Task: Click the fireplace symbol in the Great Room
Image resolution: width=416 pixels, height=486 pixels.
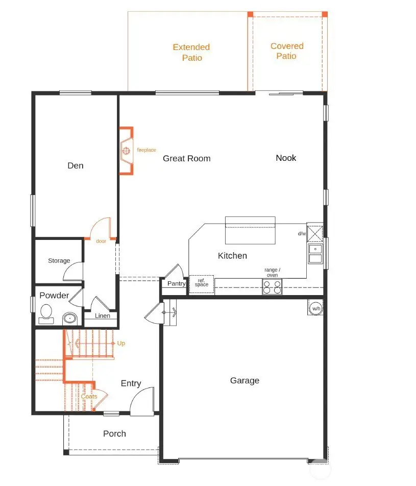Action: (126, 151)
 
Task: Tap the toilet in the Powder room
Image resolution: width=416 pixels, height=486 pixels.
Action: (46, 313)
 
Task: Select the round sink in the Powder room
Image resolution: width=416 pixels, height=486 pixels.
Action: (69, 319)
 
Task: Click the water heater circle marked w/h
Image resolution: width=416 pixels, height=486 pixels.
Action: (316, 308)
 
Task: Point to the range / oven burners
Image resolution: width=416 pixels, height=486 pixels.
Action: (272, 287)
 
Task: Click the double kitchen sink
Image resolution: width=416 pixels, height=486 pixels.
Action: (315, 253)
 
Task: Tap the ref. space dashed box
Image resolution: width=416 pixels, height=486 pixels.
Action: (202, 284)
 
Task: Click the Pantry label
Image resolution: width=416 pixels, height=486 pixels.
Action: (176, 283)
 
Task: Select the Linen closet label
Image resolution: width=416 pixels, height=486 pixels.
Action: (102, 316)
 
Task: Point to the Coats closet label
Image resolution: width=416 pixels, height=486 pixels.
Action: (89, 396)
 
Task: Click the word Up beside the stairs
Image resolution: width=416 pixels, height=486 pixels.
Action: (121, 344)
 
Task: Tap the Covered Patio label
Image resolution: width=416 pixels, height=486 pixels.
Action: (287, 51)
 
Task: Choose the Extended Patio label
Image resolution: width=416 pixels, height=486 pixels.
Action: (191, 53)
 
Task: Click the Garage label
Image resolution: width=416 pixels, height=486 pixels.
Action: (244, 380)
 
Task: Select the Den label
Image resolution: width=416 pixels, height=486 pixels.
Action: (76, 165)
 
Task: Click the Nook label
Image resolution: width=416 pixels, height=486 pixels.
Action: (286, 158)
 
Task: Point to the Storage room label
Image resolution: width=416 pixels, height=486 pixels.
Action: (59, 260)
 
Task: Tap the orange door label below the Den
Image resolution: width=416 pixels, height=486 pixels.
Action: (101, 241)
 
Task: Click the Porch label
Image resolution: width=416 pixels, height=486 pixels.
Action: (114, 433)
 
